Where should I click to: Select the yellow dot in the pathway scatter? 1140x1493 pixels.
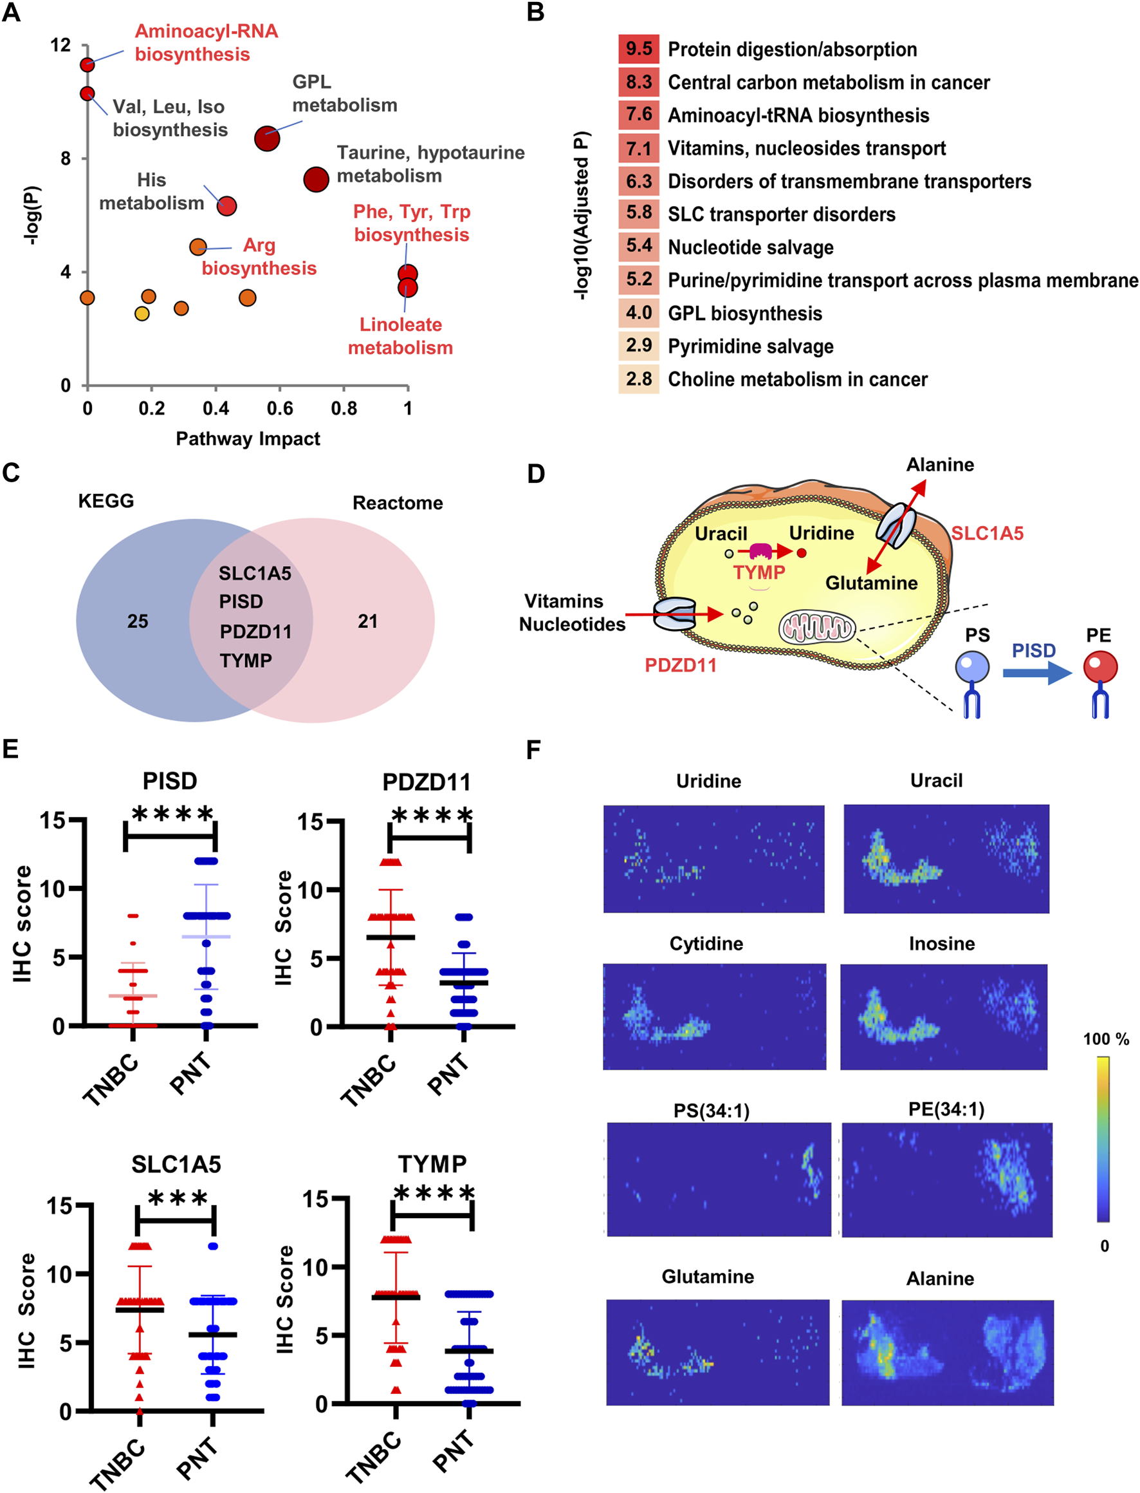tap(142, 314)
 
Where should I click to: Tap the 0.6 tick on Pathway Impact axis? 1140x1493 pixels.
tap(280, 408)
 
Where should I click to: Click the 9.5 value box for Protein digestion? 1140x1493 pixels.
tap(639, 49)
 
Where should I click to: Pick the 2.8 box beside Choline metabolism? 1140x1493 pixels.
tap(639, 379)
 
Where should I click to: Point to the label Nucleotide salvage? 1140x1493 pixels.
tap(751, 247)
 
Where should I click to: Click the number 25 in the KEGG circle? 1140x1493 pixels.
tap(138, 621)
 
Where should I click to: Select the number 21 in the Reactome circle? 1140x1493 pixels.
tap(368, 621)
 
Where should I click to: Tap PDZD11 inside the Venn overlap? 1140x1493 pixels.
tap(255, 632)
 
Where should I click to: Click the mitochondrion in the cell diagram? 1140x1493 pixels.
tap(817, 627)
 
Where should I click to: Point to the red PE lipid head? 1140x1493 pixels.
tap(1100, 667)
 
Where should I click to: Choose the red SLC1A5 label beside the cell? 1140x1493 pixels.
tap(987, 533)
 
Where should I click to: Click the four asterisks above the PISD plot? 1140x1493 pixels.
tap(172, 814)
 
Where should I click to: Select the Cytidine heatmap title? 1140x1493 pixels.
tap(706, 943)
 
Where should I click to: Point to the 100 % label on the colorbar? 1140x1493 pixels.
tap(1105, 1038)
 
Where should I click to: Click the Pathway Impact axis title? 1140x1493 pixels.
tap(248, 438)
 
